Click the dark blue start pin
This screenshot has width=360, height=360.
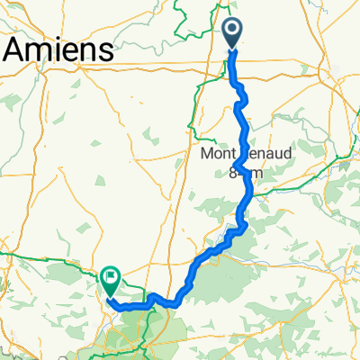click(x=232, y=34)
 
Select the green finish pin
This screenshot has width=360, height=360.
click(x=111, y=283)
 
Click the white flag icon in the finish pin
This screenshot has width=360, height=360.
click(x=111, y=278)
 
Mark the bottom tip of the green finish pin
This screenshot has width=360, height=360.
click(x=111, y=297)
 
